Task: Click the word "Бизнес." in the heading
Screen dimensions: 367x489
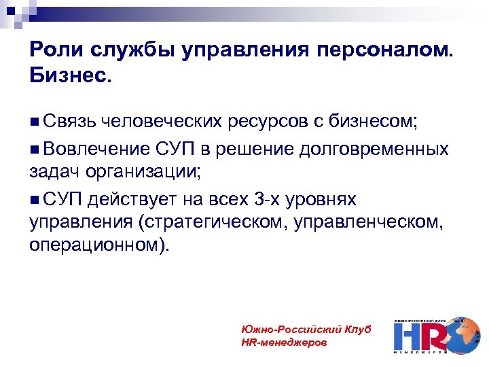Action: [69, 75]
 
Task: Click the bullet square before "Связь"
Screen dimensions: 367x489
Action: [35, 122]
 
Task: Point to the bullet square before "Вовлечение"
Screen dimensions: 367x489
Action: [35, 148]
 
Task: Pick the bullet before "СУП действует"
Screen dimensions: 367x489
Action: [35, 198]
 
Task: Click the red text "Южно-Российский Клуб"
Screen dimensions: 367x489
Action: [306, 329]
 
